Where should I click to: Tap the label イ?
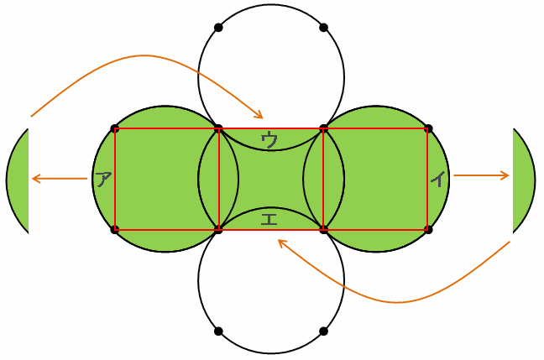(437, 179)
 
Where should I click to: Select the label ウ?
(270, 139)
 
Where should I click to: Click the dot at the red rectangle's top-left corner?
(114, 128)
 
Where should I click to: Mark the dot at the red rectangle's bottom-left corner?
(114, 229)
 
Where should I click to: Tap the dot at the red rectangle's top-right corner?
(428, 128)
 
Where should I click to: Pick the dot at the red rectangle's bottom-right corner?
(428, 229)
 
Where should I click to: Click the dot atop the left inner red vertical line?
(218, 128)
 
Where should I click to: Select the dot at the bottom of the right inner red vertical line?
(323, 229)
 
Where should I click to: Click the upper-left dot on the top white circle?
(218, 28)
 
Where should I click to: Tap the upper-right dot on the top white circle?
(323, 28)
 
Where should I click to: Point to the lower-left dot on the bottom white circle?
(218, 331)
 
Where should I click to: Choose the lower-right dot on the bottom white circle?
(323, 331)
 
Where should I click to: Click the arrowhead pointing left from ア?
(34, 178)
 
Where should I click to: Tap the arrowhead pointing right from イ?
(506, 175)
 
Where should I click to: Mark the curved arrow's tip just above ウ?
(261, 117)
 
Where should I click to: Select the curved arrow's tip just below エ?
(280, 242)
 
